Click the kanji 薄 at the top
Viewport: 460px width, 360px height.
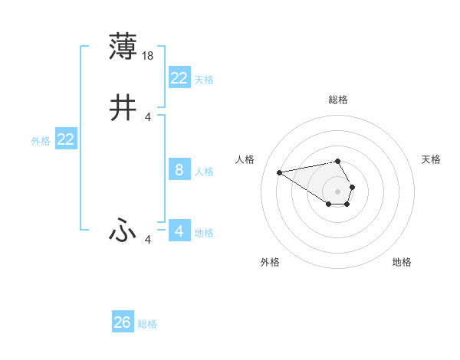123,47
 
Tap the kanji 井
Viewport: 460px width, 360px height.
123,109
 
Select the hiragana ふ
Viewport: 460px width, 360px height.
123,231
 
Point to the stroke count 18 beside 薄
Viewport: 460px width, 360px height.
149,56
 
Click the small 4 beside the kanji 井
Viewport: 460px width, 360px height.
148,117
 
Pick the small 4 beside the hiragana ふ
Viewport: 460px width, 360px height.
148,240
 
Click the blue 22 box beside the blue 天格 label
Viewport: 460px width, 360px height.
179,78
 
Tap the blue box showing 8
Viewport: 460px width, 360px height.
179,170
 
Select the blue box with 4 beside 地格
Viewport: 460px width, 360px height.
179,231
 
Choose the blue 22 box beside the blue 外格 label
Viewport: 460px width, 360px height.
66,139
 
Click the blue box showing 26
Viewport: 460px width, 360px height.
123,323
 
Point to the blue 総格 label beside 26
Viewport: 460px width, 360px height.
147,324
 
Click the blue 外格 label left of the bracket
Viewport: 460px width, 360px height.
41,141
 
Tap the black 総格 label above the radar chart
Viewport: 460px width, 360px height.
338,100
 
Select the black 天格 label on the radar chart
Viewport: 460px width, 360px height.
431,159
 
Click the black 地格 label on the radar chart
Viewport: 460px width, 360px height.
402,263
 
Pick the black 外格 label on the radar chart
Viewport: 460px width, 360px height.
270,263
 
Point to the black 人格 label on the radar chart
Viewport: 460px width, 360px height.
245,159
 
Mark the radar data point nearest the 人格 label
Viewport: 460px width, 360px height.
279,172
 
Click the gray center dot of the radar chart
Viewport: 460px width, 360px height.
338,191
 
